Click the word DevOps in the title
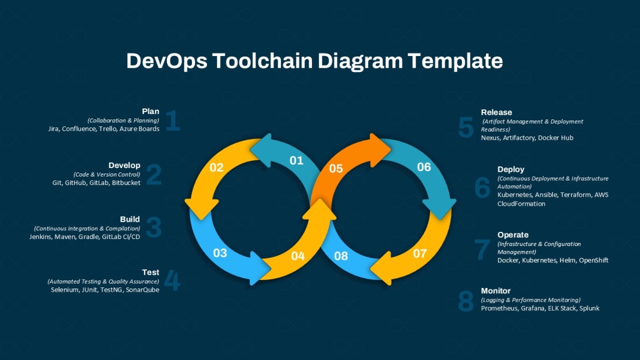click(167, 61)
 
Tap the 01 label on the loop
click(297, 161)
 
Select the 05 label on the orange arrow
click(335, 169)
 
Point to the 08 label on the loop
click(341, 256)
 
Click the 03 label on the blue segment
click(220, 253)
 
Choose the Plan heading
click(150, 111)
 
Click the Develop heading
click(124, 165)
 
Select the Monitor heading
click(495, 291)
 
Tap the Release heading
click(497, 113)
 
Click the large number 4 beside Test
click(172, 281)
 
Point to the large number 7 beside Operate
click(482, 250)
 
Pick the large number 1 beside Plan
click(173, 121)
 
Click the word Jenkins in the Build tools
click(41, 237)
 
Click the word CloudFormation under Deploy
click(521, 204)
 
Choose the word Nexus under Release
click(490, 138)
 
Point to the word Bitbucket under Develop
click(126, 183)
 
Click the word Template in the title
click(455, 61)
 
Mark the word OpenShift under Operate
click(594, 260)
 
